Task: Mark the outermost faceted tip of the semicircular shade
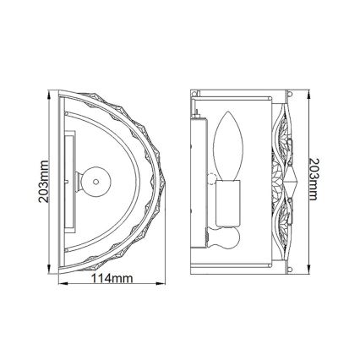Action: (162, 179)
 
